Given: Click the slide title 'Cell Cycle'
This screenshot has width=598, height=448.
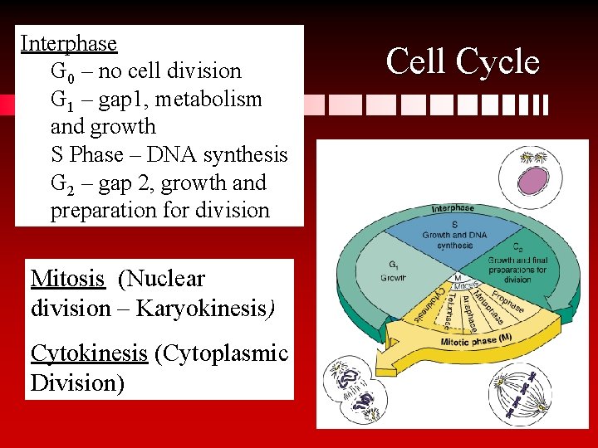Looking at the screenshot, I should pos(463,62).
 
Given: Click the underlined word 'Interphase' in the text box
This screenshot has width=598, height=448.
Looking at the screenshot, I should pos(68,43).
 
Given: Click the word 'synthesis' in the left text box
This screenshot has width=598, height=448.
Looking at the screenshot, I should pos(248,155).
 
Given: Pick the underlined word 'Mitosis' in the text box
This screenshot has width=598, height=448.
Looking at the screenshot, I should pos(67,279).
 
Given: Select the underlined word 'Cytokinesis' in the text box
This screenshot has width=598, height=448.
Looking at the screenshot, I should pos(89,353).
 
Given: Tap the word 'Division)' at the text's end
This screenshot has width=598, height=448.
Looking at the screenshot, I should pos(77,383).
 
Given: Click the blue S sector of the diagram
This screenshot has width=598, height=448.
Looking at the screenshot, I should pos(453,236).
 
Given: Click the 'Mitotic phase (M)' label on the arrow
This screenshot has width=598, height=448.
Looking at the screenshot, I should pos(477,340).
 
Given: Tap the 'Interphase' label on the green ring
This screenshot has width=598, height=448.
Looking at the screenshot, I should pos(453,207).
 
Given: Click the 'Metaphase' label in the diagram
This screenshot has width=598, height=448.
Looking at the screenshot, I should pos(483,309).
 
